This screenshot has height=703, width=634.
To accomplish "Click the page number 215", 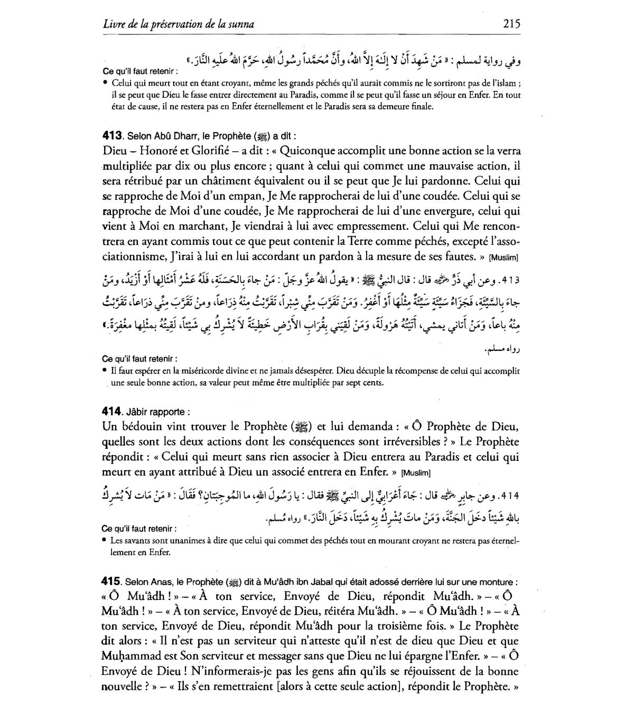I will click(511, 24).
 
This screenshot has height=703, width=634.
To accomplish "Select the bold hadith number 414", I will click(112, 411).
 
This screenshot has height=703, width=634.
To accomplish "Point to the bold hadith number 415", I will click(112, 582).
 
